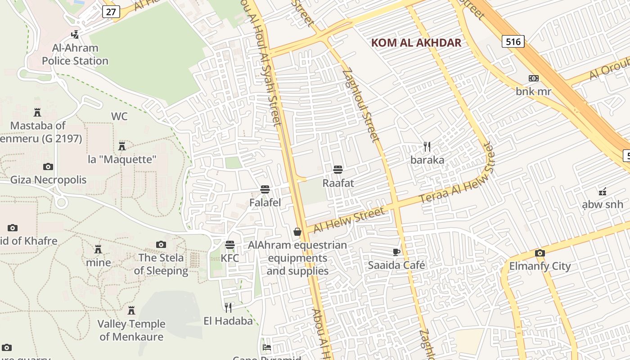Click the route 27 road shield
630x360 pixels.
click(111, 11)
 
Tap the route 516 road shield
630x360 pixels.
click(513, 42)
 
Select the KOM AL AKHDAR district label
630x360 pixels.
click(416, 43)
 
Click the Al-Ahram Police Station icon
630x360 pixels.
click(75, 34)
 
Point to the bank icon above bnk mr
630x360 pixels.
click(533, 78)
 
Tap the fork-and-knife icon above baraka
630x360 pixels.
click(427, 146)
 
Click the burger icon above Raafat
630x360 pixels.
click(338, 170)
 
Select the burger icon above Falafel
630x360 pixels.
click(265, 189)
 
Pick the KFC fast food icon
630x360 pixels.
click(230, 245)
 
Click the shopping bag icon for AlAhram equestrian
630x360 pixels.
click(297, 232)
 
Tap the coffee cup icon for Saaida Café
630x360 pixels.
click(396, 252)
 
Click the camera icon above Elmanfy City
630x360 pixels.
click(540, 253)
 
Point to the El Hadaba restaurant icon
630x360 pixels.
click(228, 307)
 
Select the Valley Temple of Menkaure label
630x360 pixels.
click(131, 330)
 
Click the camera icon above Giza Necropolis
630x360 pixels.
click(48, 166)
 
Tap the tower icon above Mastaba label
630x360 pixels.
click(37, 112)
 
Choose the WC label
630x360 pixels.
click(119, 117)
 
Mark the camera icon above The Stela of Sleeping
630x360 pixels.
click(161, 244)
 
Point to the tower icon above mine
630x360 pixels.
click(98, 249)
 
